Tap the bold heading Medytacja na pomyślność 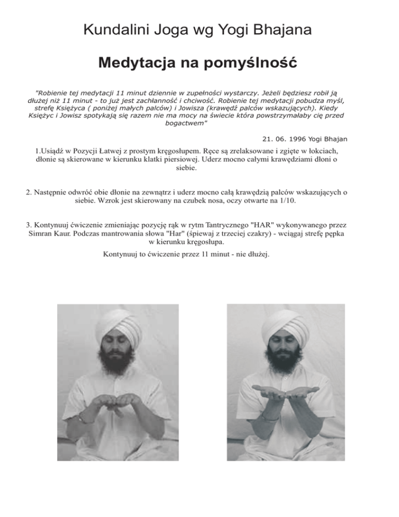pos(199,64)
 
